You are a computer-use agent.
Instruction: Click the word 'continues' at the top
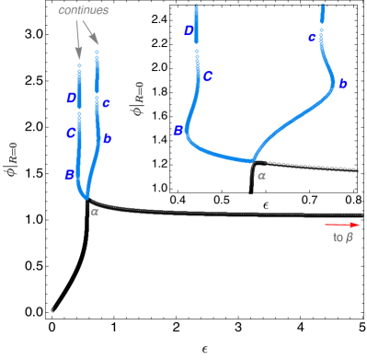point(84,10)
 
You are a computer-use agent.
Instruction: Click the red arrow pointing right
point(341,224)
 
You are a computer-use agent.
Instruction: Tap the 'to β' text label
point(342,238)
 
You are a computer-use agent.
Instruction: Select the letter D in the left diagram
point(71,98)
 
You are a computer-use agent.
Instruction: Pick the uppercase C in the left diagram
point(70,133)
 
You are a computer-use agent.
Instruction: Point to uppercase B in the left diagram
point(69,174)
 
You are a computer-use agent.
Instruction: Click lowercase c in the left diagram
point(107,103)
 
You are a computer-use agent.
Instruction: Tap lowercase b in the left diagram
point(108,138)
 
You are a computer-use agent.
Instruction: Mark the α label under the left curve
point(95,211)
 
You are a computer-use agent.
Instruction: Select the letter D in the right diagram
point(189,30)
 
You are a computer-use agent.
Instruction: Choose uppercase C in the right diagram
point(208,76)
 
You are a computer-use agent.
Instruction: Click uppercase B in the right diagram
point(178,131)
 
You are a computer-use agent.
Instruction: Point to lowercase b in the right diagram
point(342,84)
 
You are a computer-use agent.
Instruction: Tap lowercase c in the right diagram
point(312,38)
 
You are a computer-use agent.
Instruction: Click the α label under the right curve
point(261,174)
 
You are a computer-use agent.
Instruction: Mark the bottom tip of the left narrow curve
point(86,196)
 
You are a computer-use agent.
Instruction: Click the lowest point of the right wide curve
point(252,160)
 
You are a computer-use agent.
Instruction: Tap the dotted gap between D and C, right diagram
point(197,55)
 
